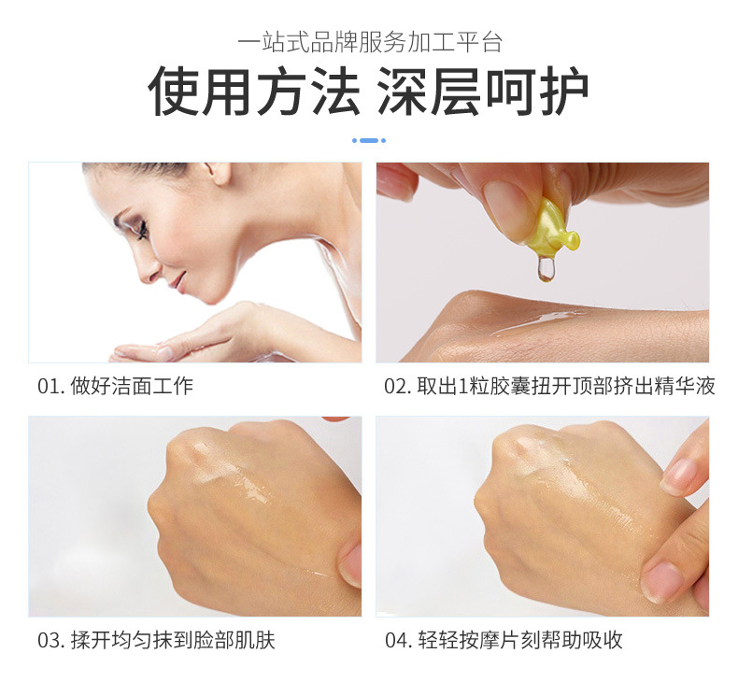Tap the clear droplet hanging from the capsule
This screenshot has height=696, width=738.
(546, 269)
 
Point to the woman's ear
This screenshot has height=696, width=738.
(219, 173)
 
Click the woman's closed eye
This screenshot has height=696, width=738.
(141, 231)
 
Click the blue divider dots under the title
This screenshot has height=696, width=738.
(369, 140)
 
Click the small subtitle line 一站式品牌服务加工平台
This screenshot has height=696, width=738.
(370, 42)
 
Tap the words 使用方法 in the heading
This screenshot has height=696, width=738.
(254, 91)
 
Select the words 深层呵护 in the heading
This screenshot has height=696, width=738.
(483, 91)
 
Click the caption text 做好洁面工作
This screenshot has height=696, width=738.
(132, 387)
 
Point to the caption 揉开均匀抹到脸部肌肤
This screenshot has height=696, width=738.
(173, 641)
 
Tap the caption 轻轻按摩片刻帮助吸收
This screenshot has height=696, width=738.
(520, 641)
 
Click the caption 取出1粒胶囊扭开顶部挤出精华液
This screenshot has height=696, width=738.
(566, 387)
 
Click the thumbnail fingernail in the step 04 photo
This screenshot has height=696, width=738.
(663, 583)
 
